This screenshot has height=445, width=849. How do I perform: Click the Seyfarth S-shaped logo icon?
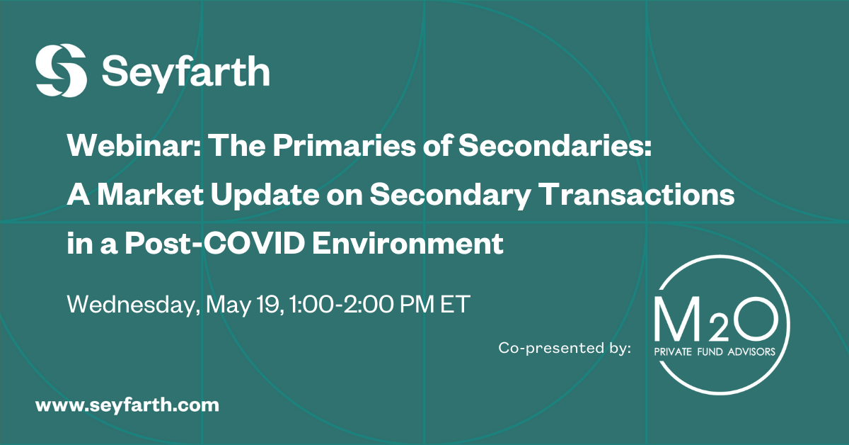61,70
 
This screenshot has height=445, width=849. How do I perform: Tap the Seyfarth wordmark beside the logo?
185,73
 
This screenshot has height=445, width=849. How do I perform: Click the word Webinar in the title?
134,146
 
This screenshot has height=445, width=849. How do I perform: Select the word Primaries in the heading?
344,146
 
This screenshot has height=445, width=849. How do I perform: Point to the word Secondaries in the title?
555,146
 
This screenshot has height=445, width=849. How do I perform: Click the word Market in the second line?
150,195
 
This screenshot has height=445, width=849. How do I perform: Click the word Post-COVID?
215,243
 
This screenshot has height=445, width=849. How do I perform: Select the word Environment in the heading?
408,243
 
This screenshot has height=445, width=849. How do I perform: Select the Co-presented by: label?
565,348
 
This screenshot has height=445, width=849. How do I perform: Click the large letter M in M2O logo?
676,320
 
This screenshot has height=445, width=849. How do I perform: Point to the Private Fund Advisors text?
715,351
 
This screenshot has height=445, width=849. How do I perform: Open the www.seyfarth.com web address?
127,405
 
